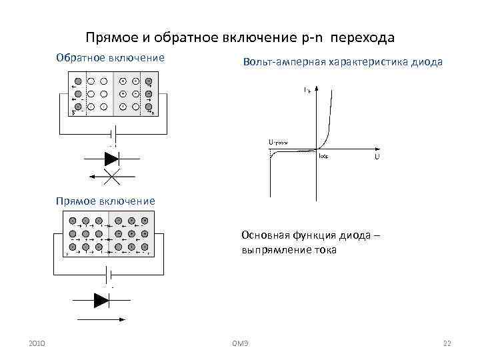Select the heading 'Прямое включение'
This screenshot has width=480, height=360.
105,200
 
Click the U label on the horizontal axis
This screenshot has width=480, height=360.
377,157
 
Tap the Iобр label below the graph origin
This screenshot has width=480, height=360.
324,155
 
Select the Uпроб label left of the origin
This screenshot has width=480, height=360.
279,142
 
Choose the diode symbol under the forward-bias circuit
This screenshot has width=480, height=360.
101,301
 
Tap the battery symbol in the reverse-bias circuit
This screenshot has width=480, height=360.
113,137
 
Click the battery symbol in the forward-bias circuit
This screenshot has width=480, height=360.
107,274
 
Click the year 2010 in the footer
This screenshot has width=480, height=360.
37,343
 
